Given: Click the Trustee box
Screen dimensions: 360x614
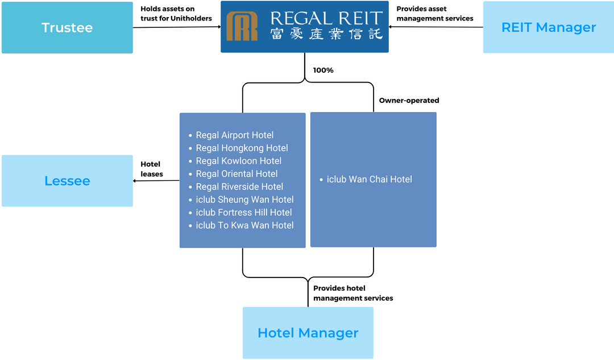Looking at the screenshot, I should click(x=67, y=28).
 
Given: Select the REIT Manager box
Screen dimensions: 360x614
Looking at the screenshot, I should click(x=548, y=28).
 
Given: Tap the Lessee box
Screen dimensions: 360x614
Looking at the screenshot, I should click(x=67, y=181).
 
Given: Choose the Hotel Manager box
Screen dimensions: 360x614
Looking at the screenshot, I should click(x=308, y=333).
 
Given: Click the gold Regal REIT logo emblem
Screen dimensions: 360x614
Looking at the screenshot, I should click(x=242, y=26).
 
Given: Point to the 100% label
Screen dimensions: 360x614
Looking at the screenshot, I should click(x=323, y=71).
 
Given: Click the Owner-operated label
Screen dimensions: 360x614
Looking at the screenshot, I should click(x=409, y=101).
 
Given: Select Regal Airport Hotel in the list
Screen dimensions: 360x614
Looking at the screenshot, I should click(x=234, y=135).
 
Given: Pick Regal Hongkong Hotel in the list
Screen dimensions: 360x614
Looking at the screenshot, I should click(x=242, y=148).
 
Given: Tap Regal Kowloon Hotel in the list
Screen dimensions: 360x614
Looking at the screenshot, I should click(x=238, y=161).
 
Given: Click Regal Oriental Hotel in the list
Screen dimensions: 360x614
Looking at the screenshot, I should click(x=237, y=174).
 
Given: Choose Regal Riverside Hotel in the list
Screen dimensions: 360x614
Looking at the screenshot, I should click(x=239, y=187).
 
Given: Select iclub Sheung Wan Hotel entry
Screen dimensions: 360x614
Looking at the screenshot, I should click(x=244, y=200).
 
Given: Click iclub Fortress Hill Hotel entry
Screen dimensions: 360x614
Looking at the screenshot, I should click(x=243, y=213).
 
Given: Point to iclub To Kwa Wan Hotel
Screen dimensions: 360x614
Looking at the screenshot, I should click(x=244, y=226).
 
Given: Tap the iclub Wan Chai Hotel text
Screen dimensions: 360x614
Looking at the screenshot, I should click(x=369, y=180).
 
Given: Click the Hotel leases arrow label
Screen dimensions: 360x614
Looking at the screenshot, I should click(x=152, y=169).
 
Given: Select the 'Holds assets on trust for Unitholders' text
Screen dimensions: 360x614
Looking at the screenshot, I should click(x=176, y=14).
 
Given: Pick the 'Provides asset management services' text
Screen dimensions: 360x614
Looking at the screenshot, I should click(x=434, y=14).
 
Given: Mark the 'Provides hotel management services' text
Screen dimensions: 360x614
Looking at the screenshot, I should click(x=352, y=293).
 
